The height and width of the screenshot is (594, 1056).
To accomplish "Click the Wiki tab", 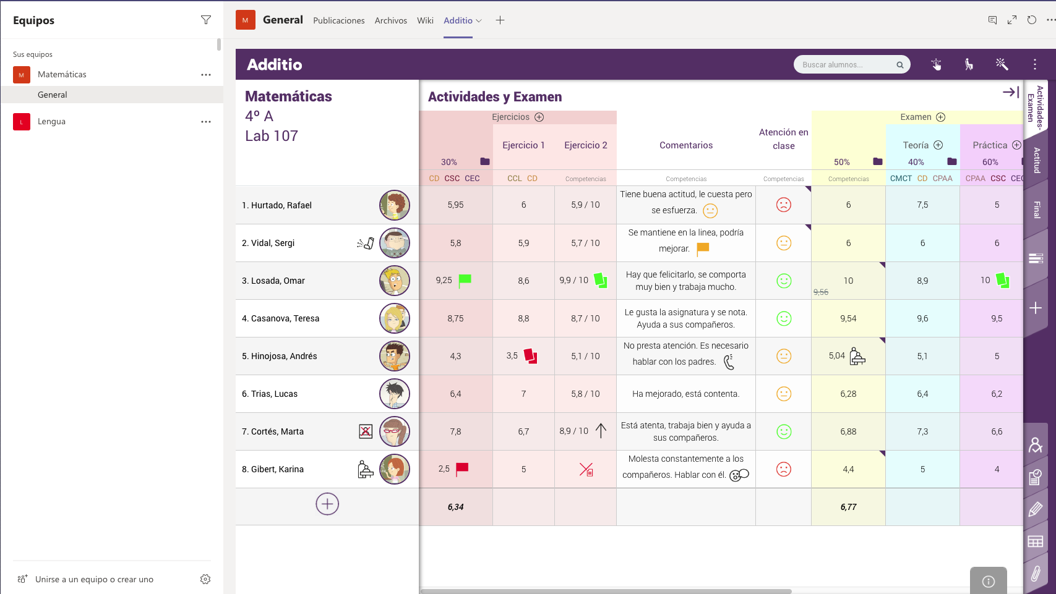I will pos(425,20).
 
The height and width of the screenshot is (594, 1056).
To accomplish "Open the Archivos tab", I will pos(390,20).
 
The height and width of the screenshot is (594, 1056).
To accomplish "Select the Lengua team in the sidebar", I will pos(51,122).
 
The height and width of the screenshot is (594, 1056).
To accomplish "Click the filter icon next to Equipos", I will pos(206,20).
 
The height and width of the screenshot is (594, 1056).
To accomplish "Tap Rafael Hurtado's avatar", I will pos(394,205).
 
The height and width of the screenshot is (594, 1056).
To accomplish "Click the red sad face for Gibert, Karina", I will pos(783,469).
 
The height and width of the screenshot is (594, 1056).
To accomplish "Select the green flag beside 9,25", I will pos(465,279).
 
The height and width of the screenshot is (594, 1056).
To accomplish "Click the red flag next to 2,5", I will pos(461,469).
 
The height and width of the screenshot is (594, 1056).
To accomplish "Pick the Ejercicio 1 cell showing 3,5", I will pos(512,356).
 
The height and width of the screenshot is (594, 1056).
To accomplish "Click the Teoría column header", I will pos(916,145).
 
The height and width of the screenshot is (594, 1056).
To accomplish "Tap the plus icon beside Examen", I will pos(941,117).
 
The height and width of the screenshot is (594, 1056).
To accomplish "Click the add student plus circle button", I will pos(327,504).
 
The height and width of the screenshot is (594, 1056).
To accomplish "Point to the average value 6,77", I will pos(848,507).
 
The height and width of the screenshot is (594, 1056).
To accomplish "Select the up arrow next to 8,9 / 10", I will pos(601,430).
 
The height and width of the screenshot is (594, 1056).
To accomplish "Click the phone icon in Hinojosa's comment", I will pos(729,362).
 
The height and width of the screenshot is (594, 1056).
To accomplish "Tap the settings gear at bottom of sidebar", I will pos(205,579).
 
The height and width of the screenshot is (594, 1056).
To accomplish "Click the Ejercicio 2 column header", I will pos(585,145).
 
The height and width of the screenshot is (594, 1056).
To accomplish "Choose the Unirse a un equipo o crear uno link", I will pos(94,579).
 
